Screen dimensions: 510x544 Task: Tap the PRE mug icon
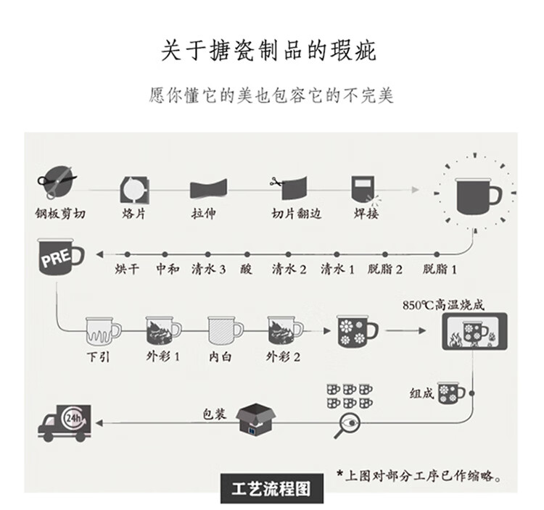click(x=60, y=259)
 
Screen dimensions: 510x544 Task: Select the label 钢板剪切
click(x=59, y=213)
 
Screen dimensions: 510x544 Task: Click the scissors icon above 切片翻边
click(x=276, y=183)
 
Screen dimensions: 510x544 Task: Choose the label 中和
click(x=167, y=269)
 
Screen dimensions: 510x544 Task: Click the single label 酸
click(x=247, y=269)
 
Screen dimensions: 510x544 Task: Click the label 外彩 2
click(x=283, y=356)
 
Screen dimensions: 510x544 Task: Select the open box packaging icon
click(x=257, y=422)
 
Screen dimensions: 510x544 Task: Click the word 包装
click(x=214, y=414)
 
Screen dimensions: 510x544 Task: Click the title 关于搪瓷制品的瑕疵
click(x=270, y=51)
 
